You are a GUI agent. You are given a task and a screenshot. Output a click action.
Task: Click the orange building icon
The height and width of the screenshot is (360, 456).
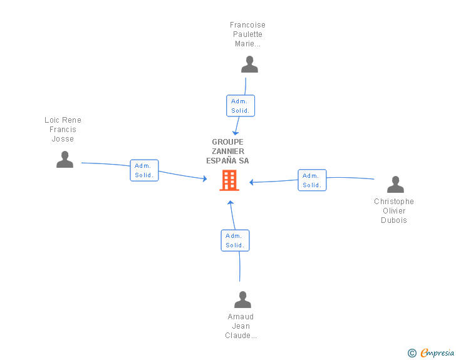(229, 180)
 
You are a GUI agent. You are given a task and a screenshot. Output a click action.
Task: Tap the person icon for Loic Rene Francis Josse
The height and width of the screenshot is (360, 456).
(65, 160)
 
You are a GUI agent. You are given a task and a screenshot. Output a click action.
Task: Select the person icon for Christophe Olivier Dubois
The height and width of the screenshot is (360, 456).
(395, 184)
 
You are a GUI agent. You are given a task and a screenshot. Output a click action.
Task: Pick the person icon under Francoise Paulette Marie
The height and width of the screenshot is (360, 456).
(249, 64)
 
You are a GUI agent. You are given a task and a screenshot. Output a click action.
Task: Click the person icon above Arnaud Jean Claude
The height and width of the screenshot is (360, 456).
(242, 299)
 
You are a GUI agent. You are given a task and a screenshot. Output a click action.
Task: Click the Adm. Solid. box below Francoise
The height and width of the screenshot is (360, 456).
(241, 106)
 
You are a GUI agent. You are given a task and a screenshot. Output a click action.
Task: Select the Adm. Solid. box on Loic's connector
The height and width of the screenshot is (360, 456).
(144, 170)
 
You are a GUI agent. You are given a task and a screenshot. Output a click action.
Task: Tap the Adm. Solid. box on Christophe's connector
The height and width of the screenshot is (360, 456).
(312, 180)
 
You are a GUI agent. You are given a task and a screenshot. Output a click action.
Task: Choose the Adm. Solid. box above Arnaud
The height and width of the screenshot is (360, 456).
(235, 240)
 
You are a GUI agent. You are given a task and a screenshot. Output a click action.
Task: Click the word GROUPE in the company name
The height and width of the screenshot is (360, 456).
(227, 142)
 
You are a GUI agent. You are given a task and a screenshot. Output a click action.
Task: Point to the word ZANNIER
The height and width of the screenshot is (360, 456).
(228, 152)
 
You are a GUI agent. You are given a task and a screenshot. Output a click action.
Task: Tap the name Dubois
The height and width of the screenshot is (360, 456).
(394, 220)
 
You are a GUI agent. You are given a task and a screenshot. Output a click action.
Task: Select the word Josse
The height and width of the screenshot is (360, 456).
(63, 139)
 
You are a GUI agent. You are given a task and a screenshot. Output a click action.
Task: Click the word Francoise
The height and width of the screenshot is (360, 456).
(247, 24)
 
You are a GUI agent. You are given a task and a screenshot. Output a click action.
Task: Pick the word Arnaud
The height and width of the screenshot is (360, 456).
(241, 316)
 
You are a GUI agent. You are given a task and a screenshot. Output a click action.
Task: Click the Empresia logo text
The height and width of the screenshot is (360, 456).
(437, 353)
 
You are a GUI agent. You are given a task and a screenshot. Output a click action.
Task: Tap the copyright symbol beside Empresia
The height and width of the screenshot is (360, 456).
(412, 353)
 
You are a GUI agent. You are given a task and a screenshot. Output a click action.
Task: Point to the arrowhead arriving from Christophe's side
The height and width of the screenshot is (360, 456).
(251, 182)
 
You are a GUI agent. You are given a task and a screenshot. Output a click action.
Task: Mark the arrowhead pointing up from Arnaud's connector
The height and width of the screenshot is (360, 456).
(231, 202)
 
